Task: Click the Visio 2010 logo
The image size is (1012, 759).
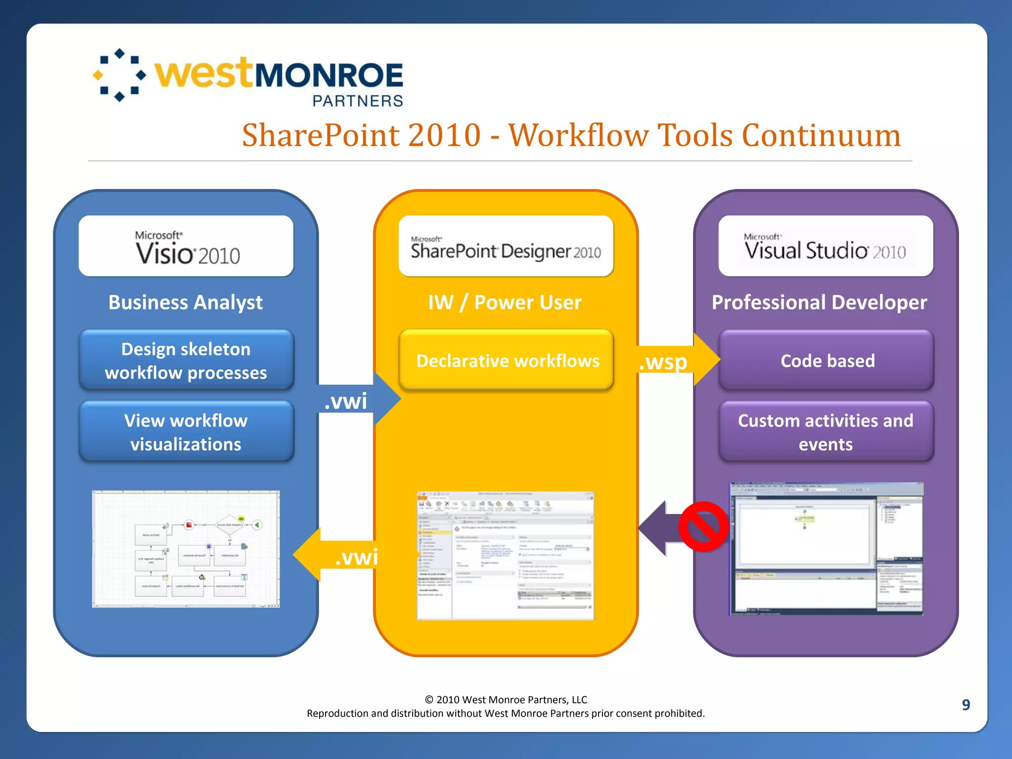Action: (187, 247)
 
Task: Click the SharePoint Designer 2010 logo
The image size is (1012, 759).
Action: (506, 247)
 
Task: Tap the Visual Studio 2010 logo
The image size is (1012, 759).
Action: (825, 247)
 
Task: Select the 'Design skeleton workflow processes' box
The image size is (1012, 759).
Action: (186, 361)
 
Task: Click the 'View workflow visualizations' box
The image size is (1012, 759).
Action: (186, 432)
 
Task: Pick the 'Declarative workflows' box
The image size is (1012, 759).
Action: (506, 361)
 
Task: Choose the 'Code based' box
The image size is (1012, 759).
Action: (827, 361)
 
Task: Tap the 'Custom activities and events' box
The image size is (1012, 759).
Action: (826, 432)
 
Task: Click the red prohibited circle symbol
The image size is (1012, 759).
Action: (703, 527)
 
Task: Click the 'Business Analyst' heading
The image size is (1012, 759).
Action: (185, 302)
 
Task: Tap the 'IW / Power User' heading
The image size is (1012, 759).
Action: (505, 302)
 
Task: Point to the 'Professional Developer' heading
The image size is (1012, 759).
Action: (819, 302)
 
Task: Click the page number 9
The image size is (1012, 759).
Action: (966, 705)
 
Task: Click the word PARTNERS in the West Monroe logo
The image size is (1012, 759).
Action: (358, 101)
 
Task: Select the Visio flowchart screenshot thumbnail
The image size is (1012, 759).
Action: (186, 548)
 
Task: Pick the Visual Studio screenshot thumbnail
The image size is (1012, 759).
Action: (826, 548)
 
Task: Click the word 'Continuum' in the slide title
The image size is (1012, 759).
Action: (821, 135)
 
